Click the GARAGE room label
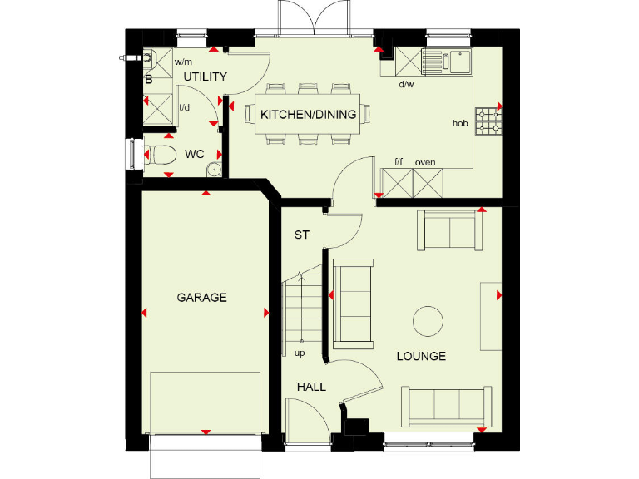click(201, 297)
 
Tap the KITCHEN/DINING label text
click(309, 115)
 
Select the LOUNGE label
click(421, 356)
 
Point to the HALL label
click(312, 387)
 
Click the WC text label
click(195, 154)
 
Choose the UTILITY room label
click(205, 77)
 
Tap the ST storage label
click(301, 235)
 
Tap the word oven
click(425, 162)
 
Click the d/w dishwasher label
click(406, 84)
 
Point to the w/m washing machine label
click(183, 62)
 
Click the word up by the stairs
click(300, 353)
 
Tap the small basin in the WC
click(214, 170)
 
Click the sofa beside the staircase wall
click(353, 303)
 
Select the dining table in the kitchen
click(308, 116)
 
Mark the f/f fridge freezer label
click(399, 162)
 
